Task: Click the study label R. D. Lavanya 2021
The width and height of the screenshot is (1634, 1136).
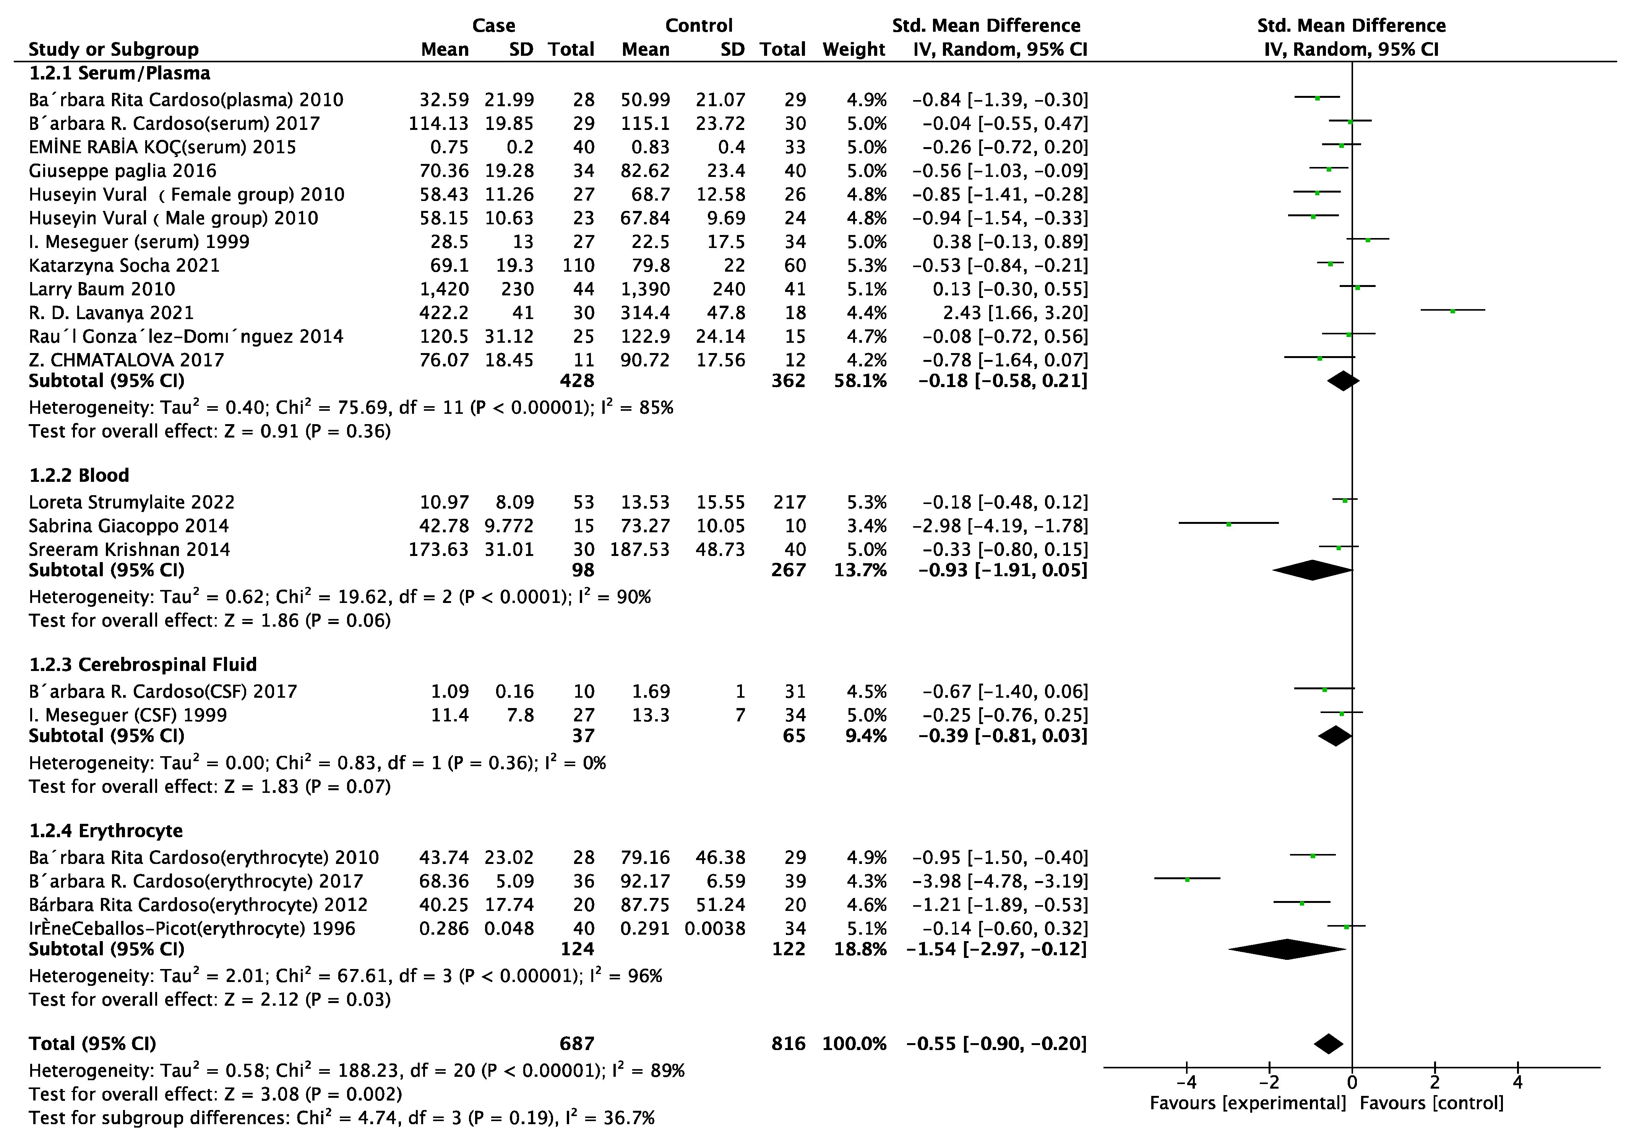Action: click(111, 313)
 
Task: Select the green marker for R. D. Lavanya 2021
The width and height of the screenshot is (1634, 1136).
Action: click(1452, 311)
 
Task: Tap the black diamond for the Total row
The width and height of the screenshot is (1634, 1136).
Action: click(1328, 1044)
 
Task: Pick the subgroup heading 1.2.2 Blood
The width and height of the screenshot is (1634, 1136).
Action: click(79, 475)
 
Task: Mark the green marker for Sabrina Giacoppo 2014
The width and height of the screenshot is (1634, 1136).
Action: click(1228, 524)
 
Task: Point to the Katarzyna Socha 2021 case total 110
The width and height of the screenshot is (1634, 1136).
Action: click(578, 265)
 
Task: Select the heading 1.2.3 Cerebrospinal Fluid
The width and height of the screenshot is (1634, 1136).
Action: click(142, 664)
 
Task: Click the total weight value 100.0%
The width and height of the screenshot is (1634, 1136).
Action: click(854, 1044)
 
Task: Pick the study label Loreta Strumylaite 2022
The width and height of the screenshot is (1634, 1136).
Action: click(131, 502)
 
